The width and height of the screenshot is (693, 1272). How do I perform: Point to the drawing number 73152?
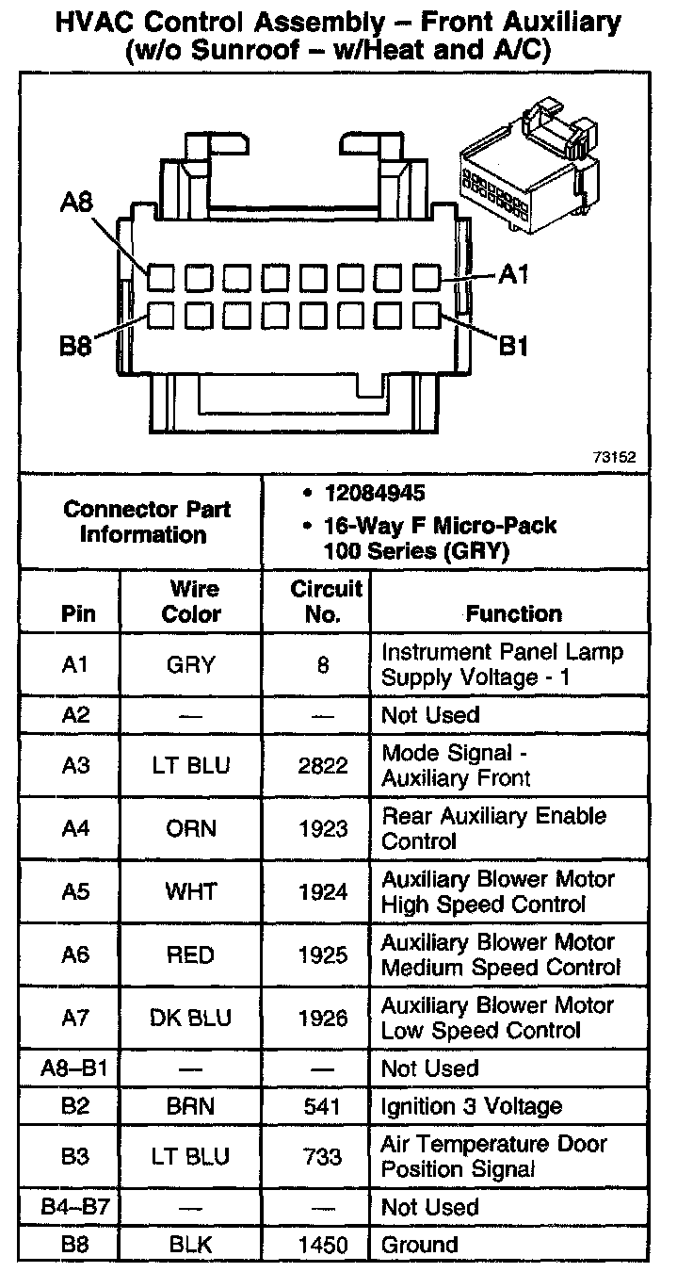[614, 457]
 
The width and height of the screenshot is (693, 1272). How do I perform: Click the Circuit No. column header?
[324, 601]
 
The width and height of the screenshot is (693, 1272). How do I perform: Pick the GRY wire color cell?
[191, 664]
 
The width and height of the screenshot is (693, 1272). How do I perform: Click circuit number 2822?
[323, 765]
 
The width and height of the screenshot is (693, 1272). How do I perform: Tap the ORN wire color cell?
[191, 828]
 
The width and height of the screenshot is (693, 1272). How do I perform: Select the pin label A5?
[75, 891]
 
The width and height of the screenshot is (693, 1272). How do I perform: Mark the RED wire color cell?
[191, 954]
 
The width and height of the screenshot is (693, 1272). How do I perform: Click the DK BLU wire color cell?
[191, 1018]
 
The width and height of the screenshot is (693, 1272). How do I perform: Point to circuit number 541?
[323, 1106]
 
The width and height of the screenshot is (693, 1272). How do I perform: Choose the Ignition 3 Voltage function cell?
[472, 1106]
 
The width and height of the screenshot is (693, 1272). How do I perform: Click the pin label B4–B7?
[75, 1207]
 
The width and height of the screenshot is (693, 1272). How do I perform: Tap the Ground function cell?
[419, 1245]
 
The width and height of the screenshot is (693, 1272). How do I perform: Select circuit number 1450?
[323, 1245]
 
